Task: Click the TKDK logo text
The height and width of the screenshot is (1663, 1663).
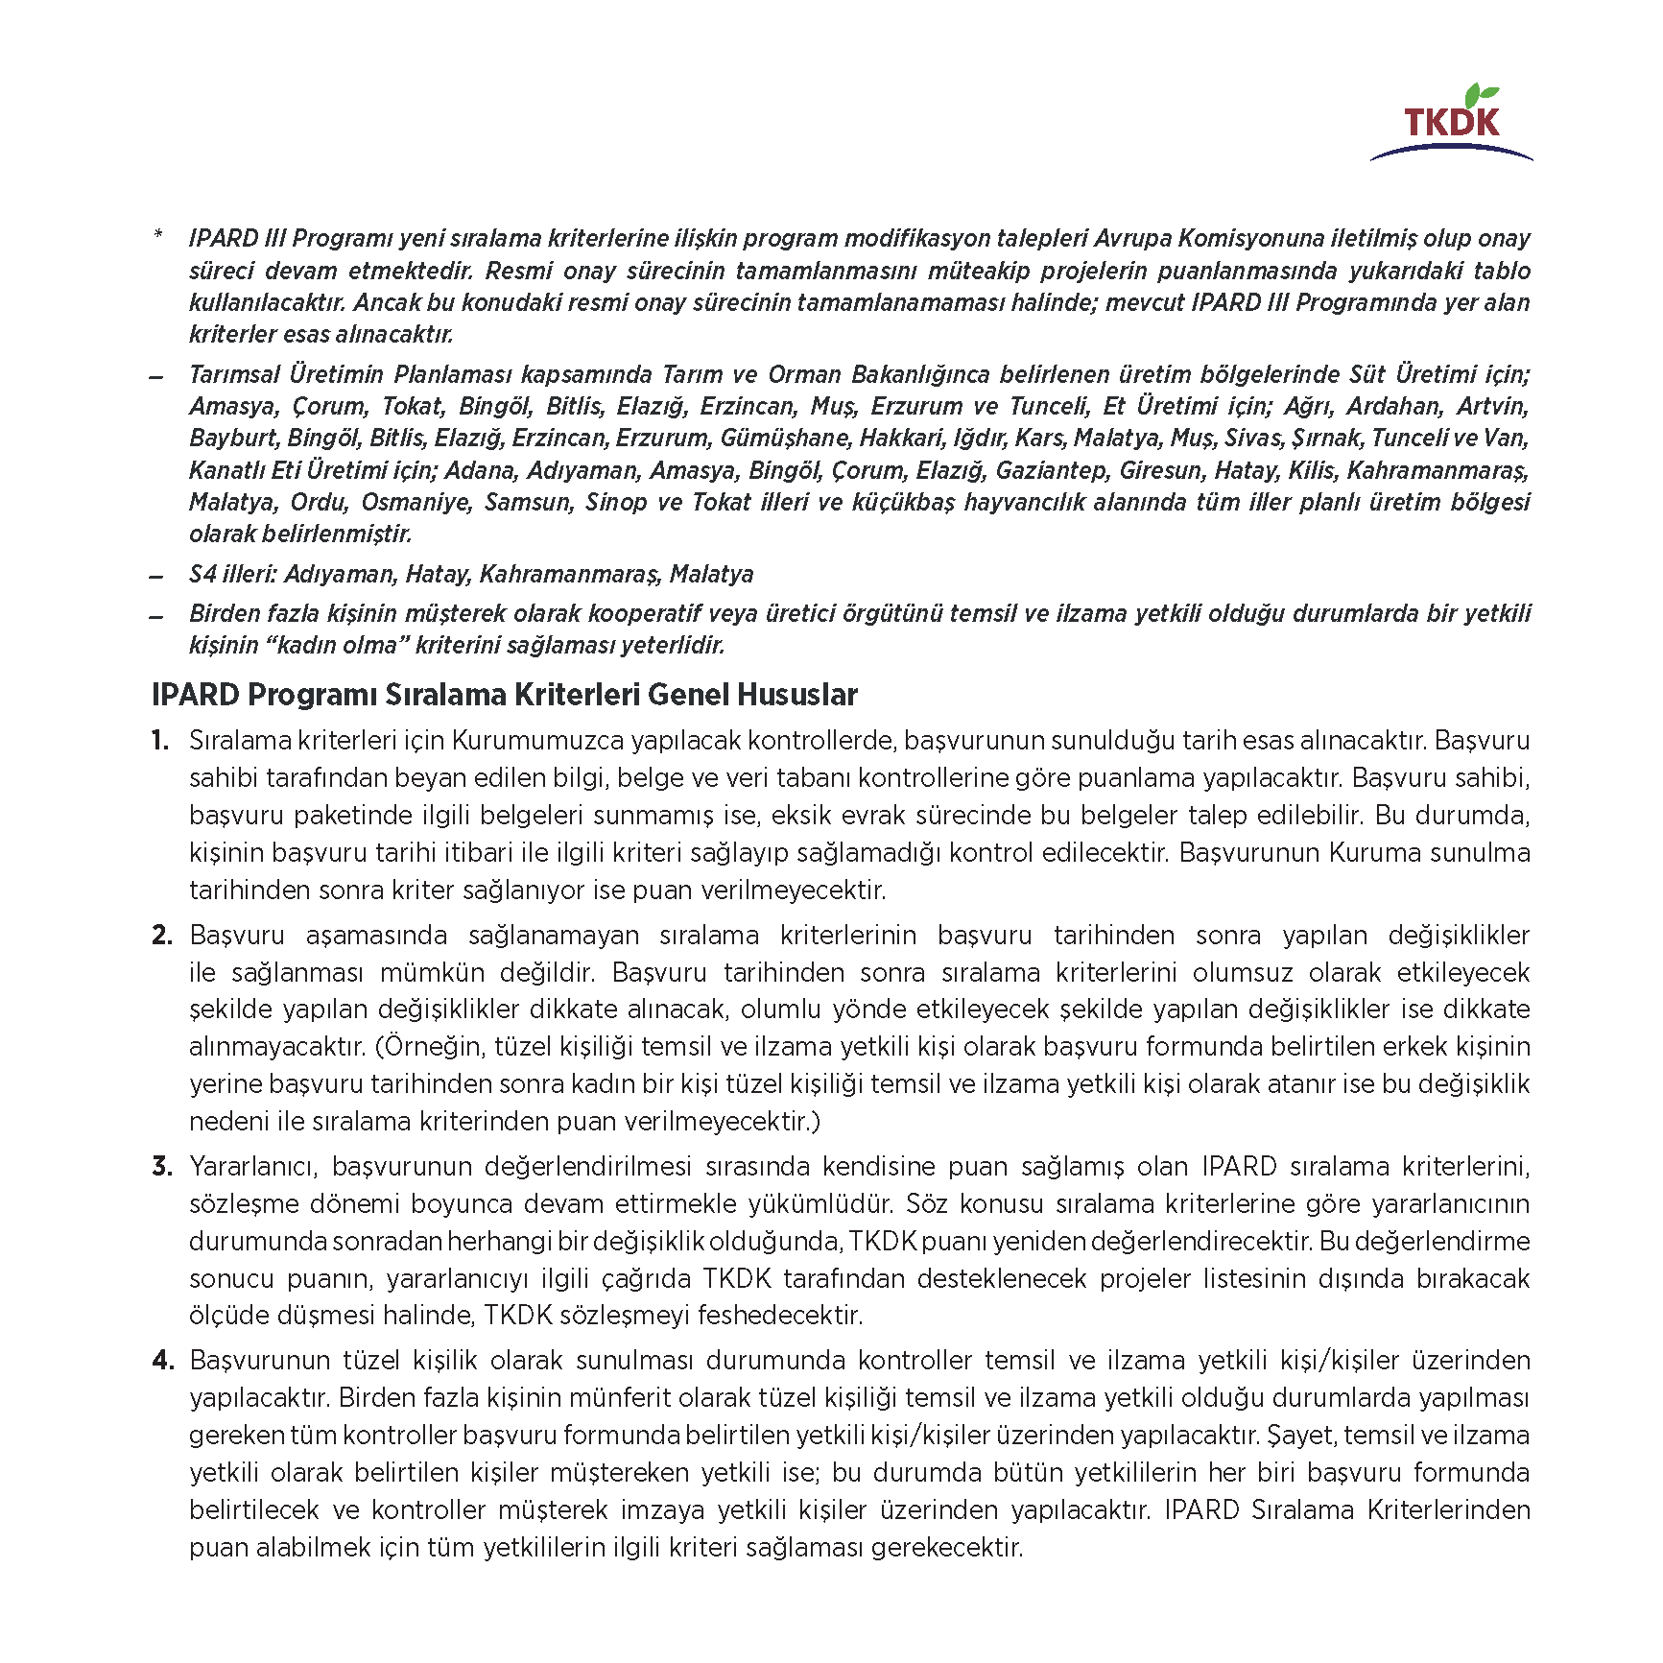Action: (x=1451, y=122)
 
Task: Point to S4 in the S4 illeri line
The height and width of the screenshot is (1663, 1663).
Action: (x=202, y=574)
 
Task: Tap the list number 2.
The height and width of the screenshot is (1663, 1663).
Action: (x=161, y=936)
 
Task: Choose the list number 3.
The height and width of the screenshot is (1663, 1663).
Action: (x=161, y=1167)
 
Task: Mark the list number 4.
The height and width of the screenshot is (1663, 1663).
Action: (x=161, y=1361)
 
